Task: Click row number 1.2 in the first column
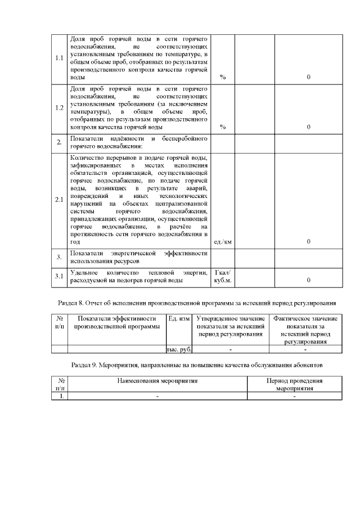click(59, 108)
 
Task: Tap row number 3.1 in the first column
click(59, 276)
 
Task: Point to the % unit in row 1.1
click(223, 77)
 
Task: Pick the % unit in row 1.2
click(223, 127)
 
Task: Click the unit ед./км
click(223, 242)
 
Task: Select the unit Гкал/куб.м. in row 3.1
click(223, 276)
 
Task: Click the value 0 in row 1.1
click(309, 77)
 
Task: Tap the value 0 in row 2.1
click(309, 242)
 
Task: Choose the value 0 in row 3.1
click(309, 280)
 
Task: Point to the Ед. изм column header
click(179, 319)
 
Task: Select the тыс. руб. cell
click(179, 349)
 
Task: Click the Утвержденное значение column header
click(231, 327)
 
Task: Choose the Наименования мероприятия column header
click(157, 381)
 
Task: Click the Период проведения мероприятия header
click(294, 384)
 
